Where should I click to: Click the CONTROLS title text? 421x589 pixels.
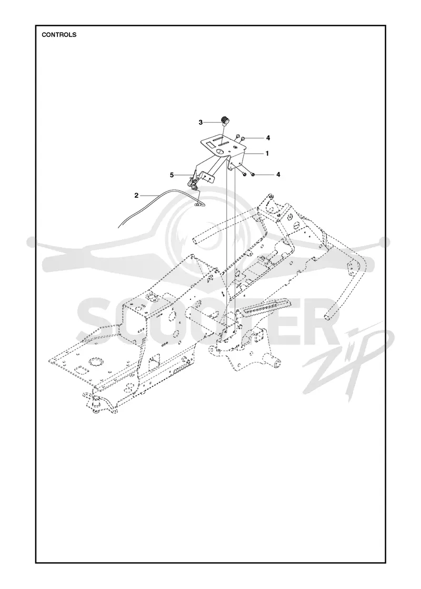click(x=59, y=35)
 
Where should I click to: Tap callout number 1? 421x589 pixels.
click(x=267, y=153)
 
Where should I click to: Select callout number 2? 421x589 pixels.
click(x=136, y=195)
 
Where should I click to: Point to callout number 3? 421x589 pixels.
click(x=201, y=122)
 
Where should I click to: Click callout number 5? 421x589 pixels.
click(x=172, y=175)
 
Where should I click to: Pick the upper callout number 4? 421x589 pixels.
click(x=268, y=138)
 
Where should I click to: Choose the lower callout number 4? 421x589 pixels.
click(x=278, y=175)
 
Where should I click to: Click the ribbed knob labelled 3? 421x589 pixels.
click(x=226, y=121)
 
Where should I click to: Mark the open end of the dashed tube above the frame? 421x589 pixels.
click(x=196, y=239)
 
